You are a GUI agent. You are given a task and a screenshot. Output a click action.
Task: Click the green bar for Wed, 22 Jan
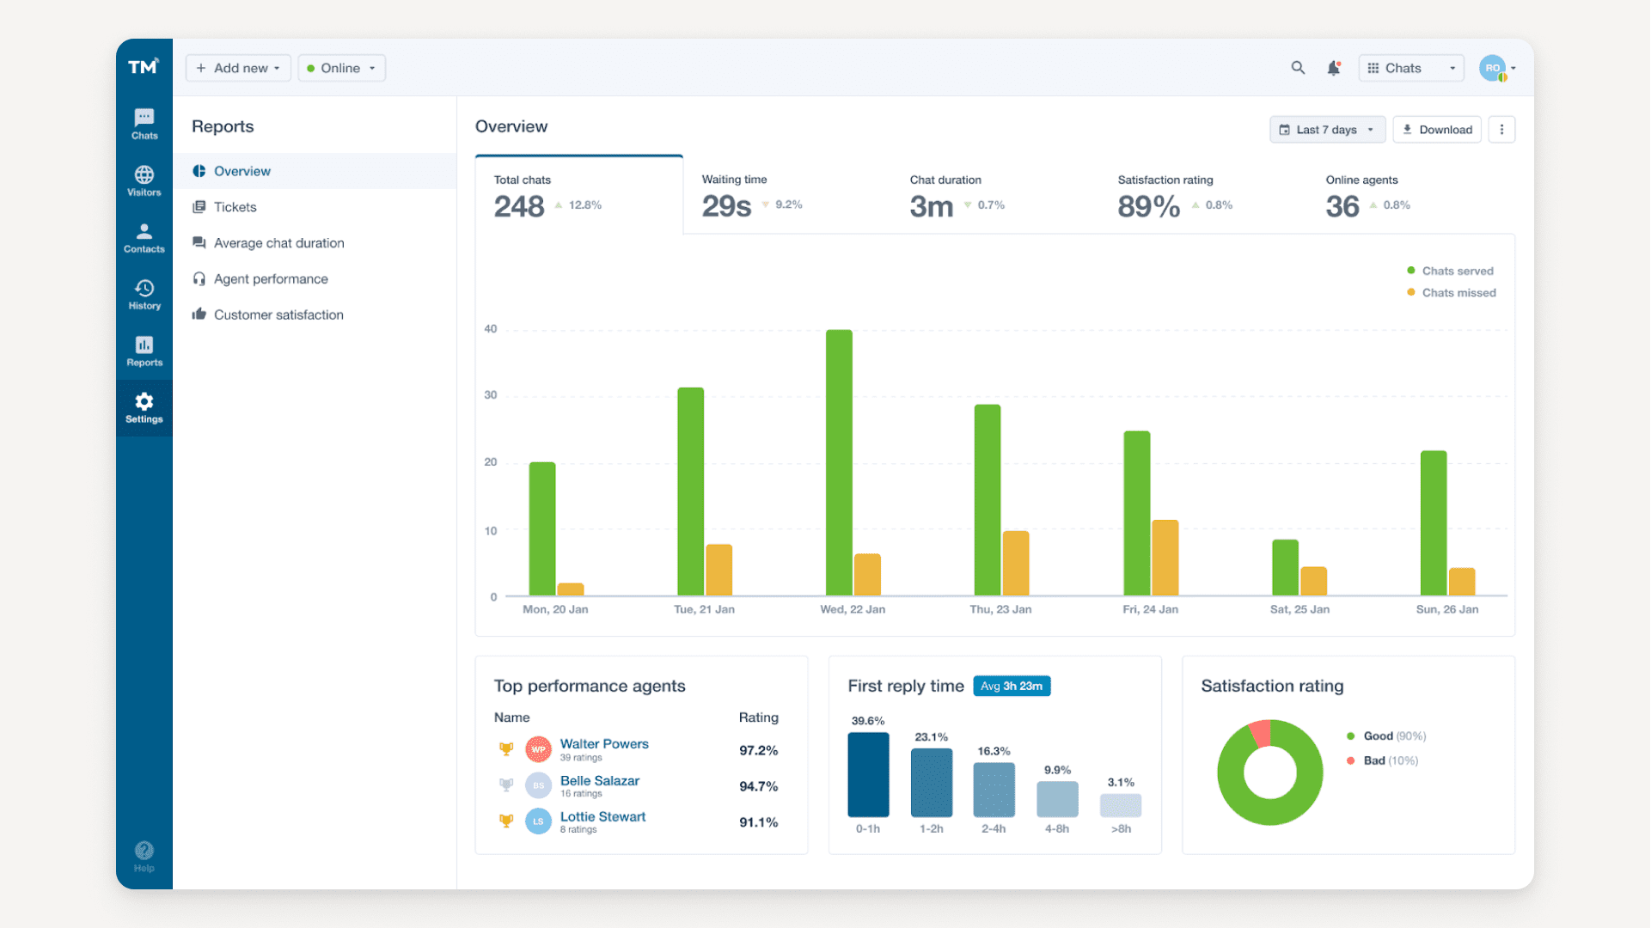(x=839, y=464)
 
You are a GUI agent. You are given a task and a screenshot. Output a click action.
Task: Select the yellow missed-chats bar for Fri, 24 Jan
(x=1165, y=559)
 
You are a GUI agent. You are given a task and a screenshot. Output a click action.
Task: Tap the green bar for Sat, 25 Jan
(x=1285, y=568)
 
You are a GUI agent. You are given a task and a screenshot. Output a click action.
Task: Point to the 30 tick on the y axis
(x=491, y=395)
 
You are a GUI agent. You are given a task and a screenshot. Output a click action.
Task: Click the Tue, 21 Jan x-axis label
(x=704, y=609)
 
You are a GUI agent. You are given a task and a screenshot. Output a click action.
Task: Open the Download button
(x=1437, y=130)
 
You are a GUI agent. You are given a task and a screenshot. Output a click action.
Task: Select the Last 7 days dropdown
(x=1327, y=130)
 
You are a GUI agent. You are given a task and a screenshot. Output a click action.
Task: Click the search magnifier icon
(x=1298, y=68)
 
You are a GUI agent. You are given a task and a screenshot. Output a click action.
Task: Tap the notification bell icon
(x=1333, y=68)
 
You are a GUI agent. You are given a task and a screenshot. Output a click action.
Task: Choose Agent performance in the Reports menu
(x=270, y=279)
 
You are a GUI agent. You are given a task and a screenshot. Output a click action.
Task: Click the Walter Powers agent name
(x=604, y=744)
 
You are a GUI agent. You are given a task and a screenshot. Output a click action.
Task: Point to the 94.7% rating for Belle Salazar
(x=758, y=786)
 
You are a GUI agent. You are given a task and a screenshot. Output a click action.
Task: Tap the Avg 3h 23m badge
(x=1012, y=686)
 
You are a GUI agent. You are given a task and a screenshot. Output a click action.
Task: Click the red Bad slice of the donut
(x=1260, y=732)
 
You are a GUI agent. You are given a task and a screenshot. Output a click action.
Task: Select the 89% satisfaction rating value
(x=1148, y=206)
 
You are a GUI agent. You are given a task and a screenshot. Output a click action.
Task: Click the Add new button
(x=238, y=68)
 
